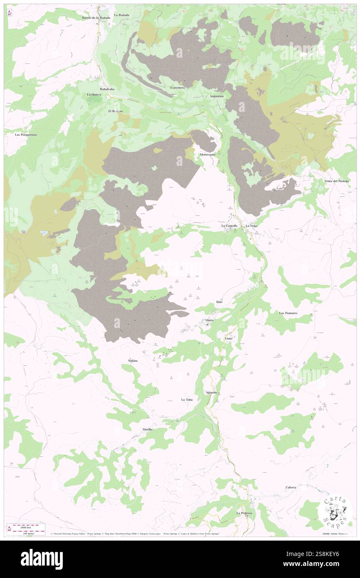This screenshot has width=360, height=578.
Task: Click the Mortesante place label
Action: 207,155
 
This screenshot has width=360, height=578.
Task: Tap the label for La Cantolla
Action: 229,226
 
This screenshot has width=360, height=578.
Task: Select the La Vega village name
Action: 251,226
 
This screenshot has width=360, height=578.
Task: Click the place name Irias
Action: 219,301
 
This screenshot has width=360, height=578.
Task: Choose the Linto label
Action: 229,338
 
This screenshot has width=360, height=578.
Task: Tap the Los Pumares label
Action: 288,313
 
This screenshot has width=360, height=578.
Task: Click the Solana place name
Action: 133,360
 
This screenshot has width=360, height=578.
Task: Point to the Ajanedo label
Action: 212,393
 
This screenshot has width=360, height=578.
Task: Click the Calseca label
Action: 291,487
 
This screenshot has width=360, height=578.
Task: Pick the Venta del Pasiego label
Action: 337,181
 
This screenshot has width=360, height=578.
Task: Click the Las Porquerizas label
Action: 26,135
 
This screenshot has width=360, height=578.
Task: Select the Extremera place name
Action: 178,88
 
